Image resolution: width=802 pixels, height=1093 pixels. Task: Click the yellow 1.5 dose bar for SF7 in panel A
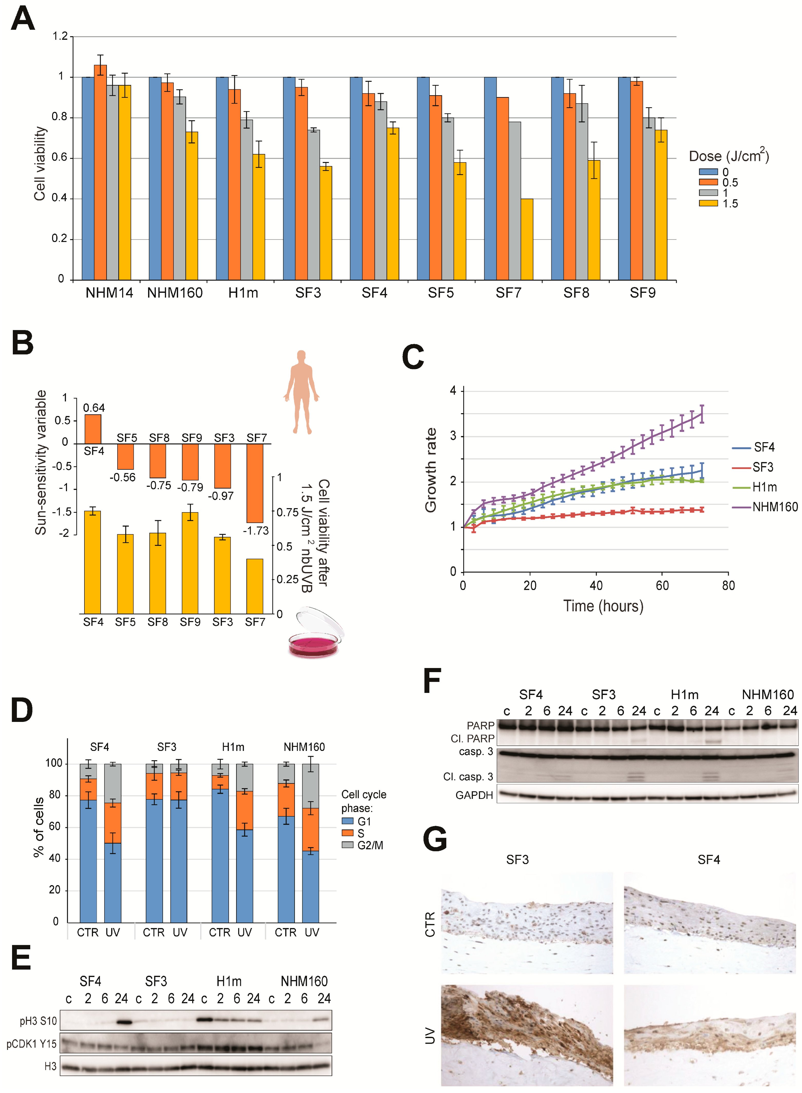[x=527, y=239]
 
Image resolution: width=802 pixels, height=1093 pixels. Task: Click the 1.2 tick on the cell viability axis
[x=60, y=36]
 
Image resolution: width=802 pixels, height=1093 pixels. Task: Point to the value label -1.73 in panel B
[x=256, y=530]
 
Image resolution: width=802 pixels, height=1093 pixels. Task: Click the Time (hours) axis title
[x=603, y=606]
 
